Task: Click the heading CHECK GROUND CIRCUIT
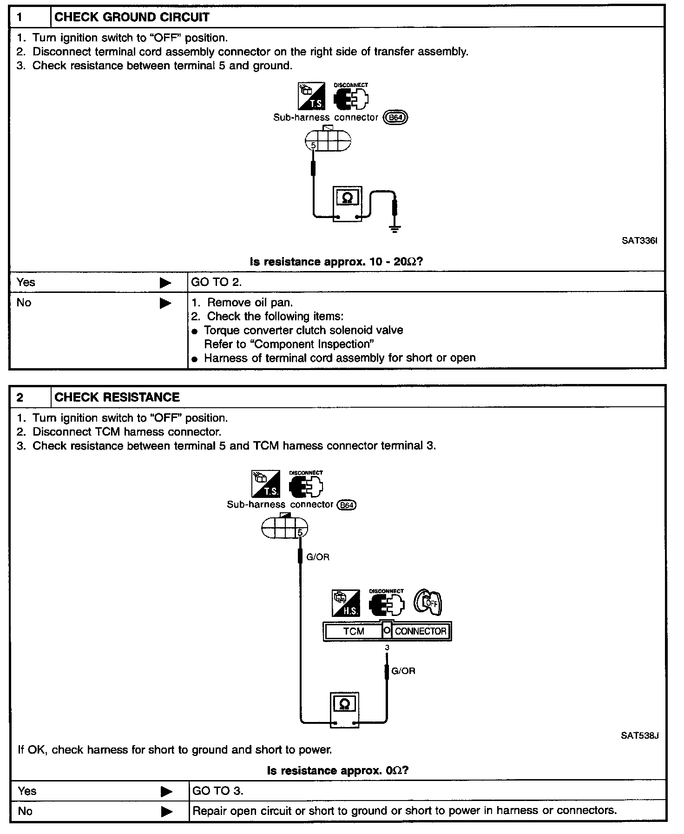click(132, 18)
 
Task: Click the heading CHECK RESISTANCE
click(117, 397)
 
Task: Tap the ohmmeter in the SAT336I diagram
click(347, 204)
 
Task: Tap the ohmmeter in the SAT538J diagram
click(344, 709)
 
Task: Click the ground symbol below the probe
click(395, 229)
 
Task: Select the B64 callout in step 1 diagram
click(395, 118)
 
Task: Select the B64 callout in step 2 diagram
click(347, 505)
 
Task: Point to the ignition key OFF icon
click(427, 603)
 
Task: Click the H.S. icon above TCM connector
click(346, 603)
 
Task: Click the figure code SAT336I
click(639, 241)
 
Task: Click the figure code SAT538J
click(639, 736)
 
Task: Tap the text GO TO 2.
click(217, 282)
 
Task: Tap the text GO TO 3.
click(218, 791)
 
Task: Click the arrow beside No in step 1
click(165, 304)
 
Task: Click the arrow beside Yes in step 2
click(166, 791)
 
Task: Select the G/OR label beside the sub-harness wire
click(318, 557)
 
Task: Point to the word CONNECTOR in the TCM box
click(421, 631)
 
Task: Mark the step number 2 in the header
click(20, 397)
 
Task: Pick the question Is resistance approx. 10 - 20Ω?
click(336, 262)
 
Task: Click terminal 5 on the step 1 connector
click(313, 146)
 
